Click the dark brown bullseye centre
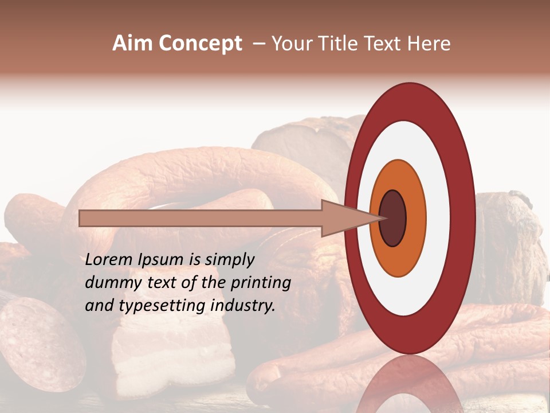pyautogui.click(x=393, y=218)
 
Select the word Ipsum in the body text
pyautogui.click(x=163, y=260)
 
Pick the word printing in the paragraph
pyautogui.click(x=260, y=283)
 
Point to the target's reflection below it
pyautogui.click(x=410, y=384)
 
